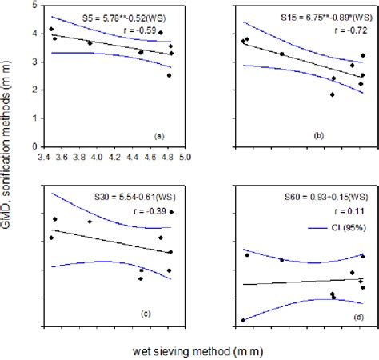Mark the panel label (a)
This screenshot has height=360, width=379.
click(158, 137)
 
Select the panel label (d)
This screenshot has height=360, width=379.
click(353, 311)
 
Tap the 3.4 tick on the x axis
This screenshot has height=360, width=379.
click(46, 158)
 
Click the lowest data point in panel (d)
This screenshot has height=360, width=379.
click(243, 320)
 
